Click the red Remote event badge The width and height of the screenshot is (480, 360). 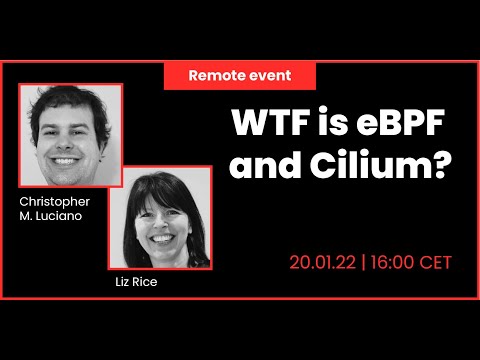tap(240, 76)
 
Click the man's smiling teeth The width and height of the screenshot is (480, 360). tap(66, 157)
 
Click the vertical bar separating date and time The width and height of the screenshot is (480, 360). tap(365, 263)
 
